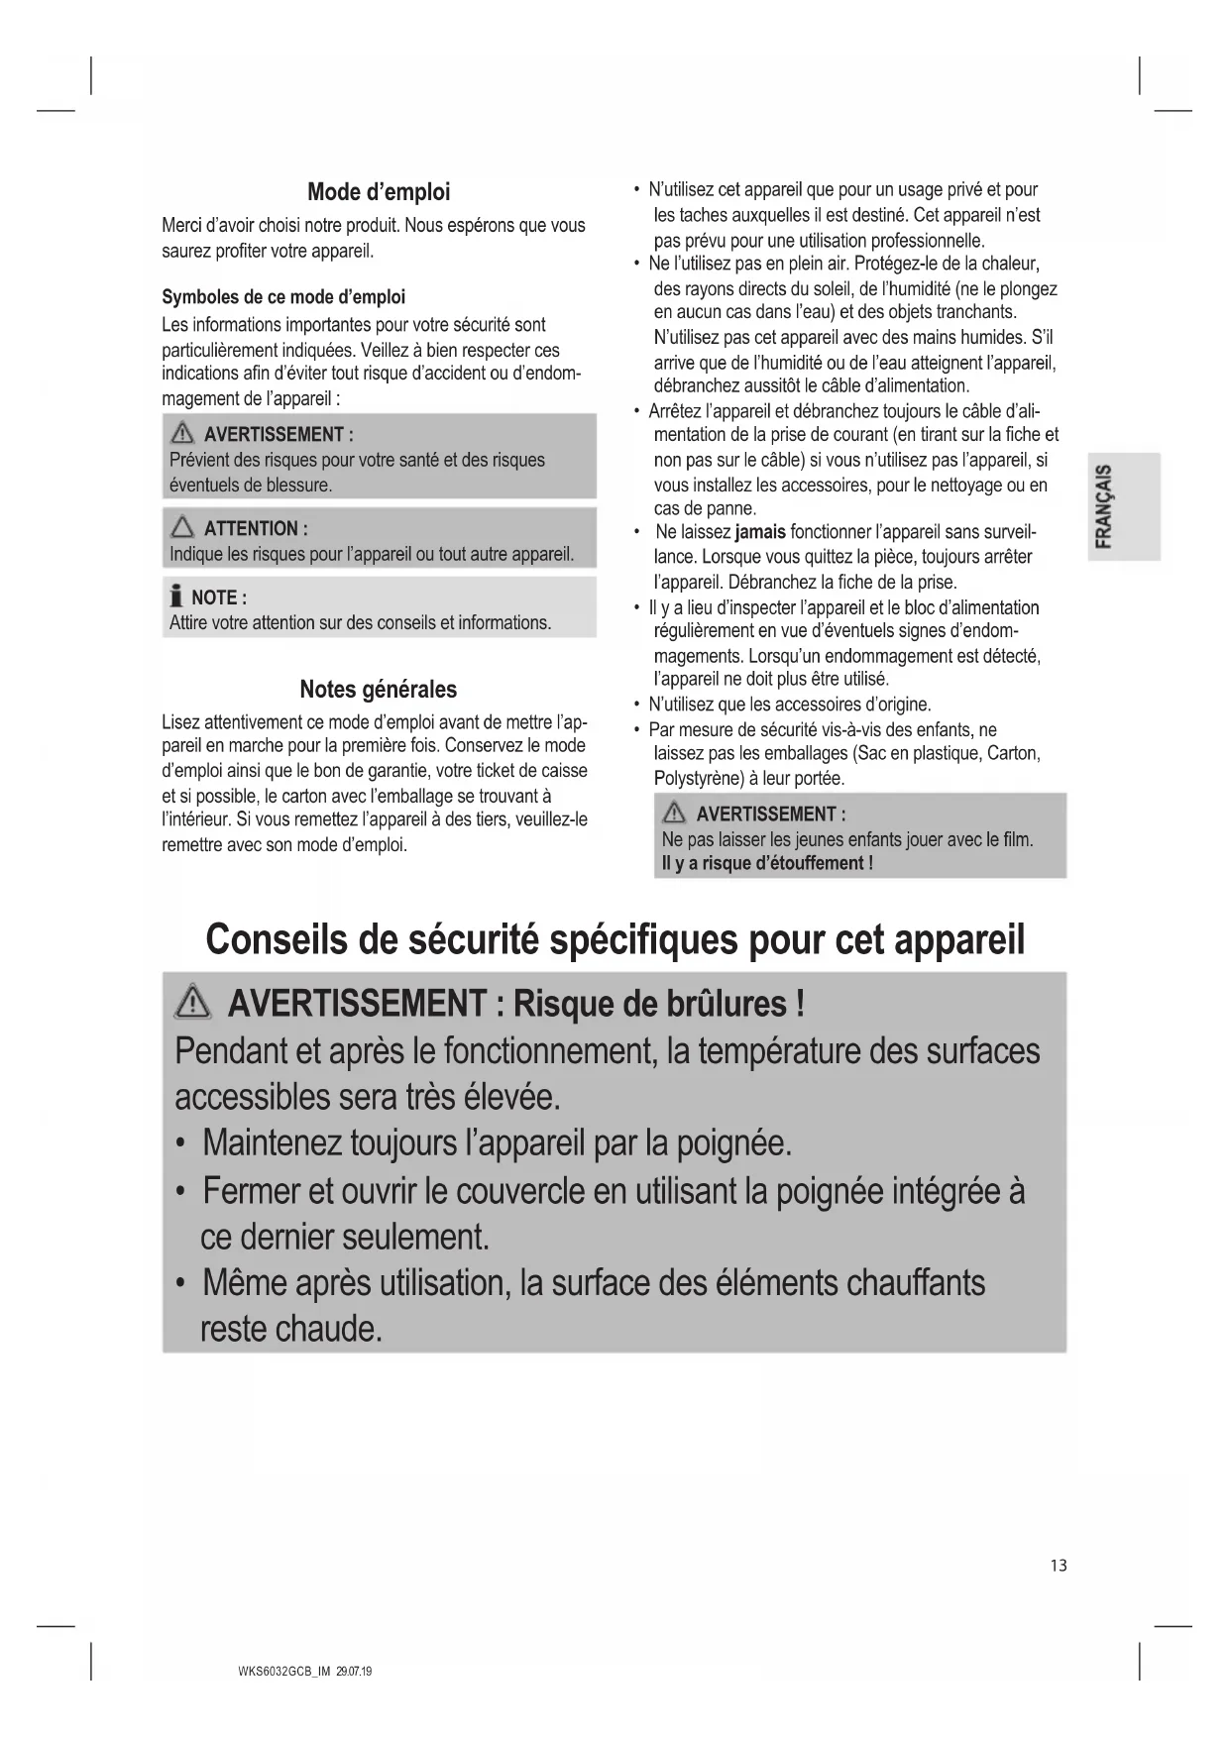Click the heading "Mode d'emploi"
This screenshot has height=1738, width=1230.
pyautogui.click(x=379, y=191)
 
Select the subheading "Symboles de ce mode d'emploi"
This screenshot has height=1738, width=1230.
pyautogui.click(x=283, y=297)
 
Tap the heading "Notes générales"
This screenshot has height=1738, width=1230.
pyautogui.click(x=379, y=690)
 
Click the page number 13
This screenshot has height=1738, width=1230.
pyautogui.click(x=1059, y=1566)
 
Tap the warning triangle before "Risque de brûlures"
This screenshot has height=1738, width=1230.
pyautogui.click(x=192, y=1005)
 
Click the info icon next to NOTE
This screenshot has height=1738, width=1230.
pyautogui.click(x=176, y=597)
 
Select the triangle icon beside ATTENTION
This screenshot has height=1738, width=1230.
pyautogui.click(x=182, y=528)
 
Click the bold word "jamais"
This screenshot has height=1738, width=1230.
pyautogui.click(x=760, y=533)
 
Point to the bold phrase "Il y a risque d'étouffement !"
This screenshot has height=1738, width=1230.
pyautogui.click(x=767, y=863)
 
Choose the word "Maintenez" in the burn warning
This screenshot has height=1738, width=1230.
pyautogui.click(x=272, y=1143)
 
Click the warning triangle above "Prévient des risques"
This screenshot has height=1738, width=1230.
pyautogui.click(x=182, y=434)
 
